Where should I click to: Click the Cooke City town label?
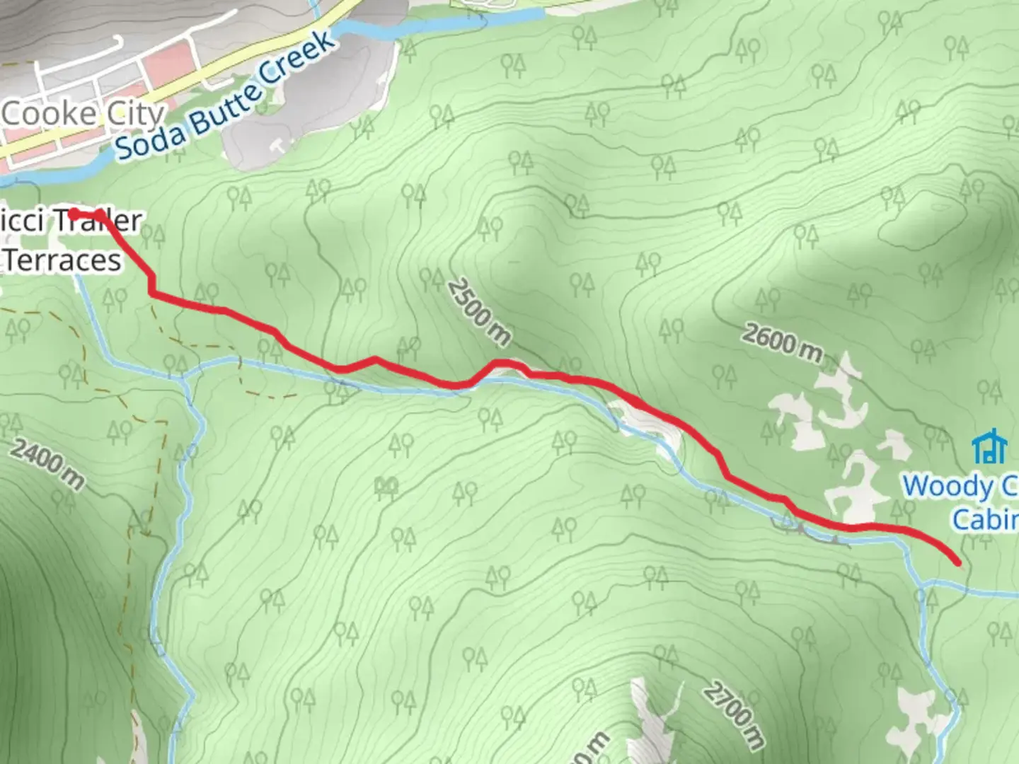pos(83,114)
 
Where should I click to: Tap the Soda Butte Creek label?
pos(225,95)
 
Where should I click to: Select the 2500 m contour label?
pos(479,311)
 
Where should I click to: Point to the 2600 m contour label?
pos(783,342)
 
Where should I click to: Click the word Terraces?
pos(64,260)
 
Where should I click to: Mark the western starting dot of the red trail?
pos(74,212)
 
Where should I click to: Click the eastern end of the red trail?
pos(958,563)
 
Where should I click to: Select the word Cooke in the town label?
pos(50,114)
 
